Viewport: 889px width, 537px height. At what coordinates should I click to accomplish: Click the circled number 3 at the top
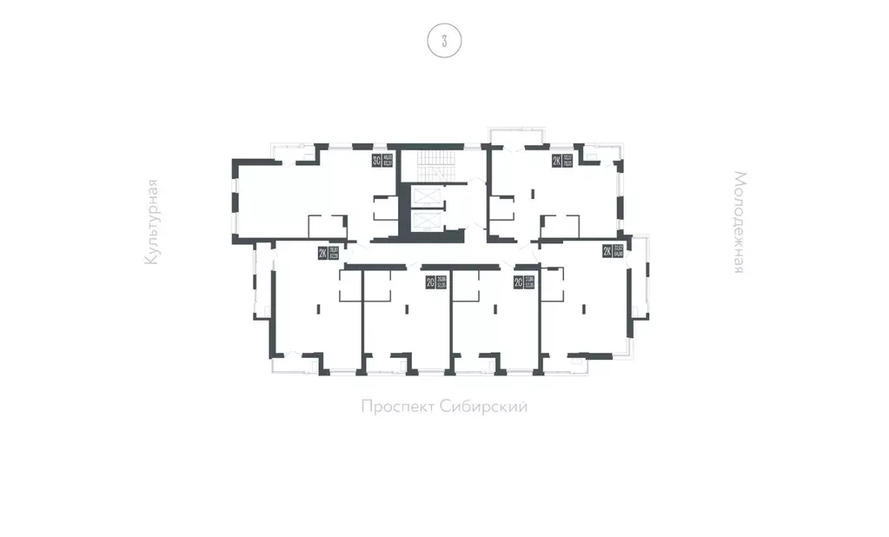[444, 41]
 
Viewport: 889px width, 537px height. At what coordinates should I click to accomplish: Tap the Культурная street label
[153, 222]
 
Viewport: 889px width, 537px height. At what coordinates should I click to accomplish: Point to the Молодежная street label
[738, 222]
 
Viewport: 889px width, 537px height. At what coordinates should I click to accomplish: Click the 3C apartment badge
[376, 160]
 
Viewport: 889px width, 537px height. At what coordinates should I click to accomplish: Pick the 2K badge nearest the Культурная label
[322, 254]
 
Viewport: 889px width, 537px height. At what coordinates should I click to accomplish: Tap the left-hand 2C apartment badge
[430, 282]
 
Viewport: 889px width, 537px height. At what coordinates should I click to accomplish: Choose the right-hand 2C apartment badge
[518, 282]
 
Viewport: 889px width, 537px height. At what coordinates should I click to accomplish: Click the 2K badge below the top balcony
[556, 161]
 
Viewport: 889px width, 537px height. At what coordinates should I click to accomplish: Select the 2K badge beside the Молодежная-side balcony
[607, 252]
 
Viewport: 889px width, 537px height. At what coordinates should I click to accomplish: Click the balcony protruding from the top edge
[516, 136]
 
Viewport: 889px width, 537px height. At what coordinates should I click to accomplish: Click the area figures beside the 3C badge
[388, 160]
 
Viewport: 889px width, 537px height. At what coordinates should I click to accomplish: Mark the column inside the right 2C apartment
[495, 307]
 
